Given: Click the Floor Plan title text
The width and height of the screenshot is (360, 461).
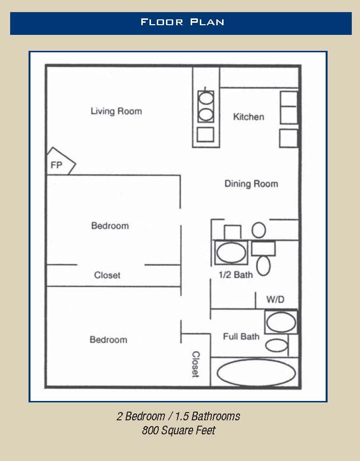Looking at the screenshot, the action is point(182,22).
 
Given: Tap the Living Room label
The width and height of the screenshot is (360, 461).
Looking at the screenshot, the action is point(117,111).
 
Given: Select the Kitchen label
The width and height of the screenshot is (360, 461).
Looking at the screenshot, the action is point(249,117).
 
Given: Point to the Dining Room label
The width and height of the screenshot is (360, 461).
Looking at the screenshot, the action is point(251,184).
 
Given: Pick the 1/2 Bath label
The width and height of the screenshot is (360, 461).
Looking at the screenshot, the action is point(236,275).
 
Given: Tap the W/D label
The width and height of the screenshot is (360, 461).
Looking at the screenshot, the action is point(275,299).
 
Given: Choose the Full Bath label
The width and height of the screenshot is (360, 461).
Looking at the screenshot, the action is point(241,337).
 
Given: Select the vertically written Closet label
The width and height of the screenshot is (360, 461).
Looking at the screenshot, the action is point(195,364).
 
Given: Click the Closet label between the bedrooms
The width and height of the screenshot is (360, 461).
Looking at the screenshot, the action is point(107,275).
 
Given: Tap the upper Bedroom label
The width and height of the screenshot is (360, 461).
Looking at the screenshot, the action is point(110,226).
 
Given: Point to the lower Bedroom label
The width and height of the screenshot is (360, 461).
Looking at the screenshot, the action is point(108,339).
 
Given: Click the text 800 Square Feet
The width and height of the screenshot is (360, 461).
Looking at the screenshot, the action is point(179,430).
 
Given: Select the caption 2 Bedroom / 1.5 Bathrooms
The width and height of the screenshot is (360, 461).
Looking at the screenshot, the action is point(179,416).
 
